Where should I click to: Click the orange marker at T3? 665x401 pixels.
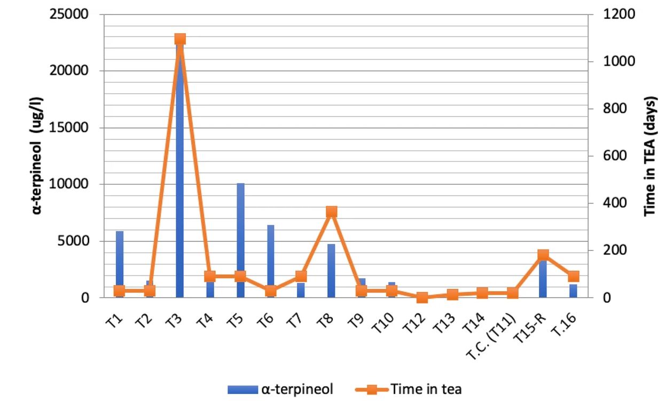point(180,39)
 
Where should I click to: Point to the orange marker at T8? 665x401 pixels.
point(332,212)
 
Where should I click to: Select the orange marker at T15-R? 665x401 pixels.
point(543,255)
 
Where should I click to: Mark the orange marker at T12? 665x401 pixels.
point(422,297)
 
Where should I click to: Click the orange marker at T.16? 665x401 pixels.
point(573,276)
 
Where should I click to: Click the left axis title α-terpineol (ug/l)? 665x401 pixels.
point(37,155)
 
